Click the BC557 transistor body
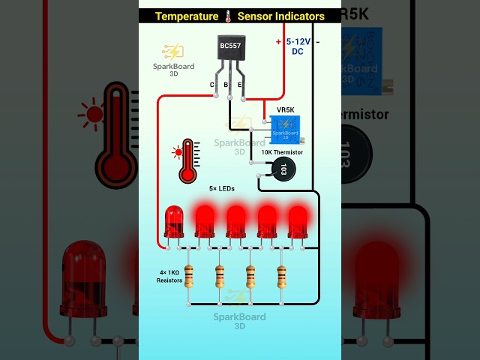[231, 52]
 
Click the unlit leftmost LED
[173, 221]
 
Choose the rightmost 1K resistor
[282, 275]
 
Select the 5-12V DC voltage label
[298, 46]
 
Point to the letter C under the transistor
[212, 85]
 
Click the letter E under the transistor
[240, 85]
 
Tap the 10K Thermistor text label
[282, 152]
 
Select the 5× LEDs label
[222, 189]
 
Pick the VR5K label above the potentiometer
[286, 109]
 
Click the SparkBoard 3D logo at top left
[173, 58]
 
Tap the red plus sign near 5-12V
[279, 41]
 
